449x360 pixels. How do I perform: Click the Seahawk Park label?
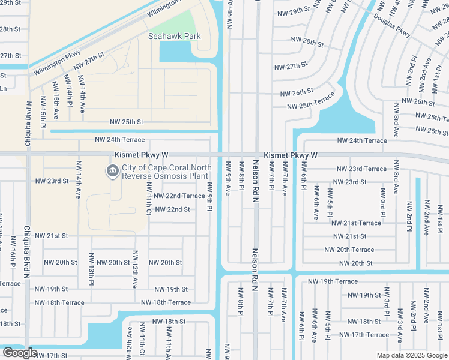[x=175, y=37]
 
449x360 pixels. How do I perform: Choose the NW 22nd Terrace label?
[x=179, y=196]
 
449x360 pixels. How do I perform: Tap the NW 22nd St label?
[x=172, y=209]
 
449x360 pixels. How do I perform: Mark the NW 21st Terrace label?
[x=357, y=223]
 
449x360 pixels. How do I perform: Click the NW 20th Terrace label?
[x=349, y=250]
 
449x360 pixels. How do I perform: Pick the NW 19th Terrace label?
[x=333, y=281]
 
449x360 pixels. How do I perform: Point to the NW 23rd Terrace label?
[x=361, y=169]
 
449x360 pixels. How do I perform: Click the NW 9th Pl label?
[x=210, y=196]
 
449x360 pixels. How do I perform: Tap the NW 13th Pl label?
[x=92, y=268]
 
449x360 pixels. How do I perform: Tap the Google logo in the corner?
[x=20, y=353]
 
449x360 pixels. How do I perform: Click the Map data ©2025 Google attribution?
[x=411, y=355]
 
